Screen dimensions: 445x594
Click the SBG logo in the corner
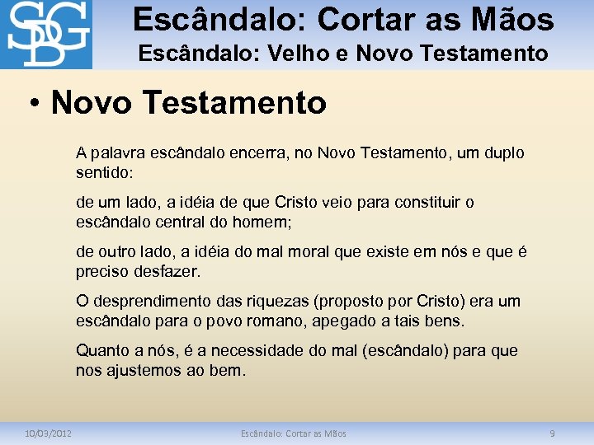[46, 35]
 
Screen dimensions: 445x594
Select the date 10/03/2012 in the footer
[48, 433]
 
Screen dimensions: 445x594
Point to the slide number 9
[553, 433]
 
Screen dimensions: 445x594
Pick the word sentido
[102, 173]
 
